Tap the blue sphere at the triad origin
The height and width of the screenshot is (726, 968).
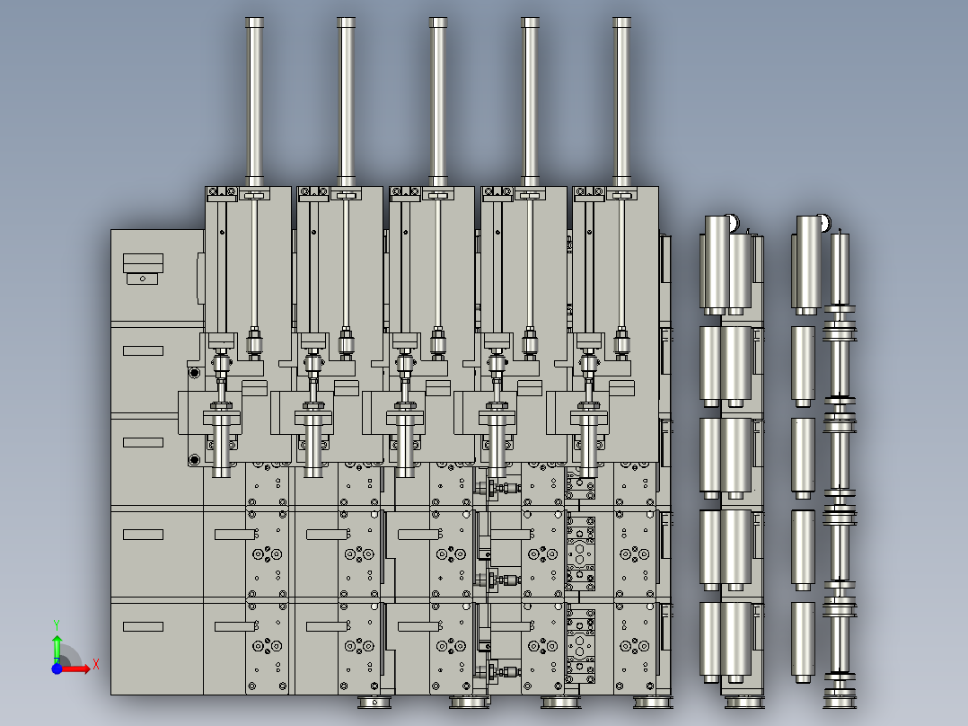pos(57,668)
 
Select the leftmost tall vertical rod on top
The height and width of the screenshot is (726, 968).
pos(255,99)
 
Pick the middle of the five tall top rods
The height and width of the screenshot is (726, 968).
pos(438,99)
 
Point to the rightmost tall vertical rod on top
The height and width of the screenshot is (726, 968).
pos(621,99)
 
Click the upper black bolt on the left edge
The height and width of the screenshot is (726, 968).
pos(194,372)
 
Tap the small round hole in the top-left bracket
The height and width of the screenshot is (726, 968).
pos(141,279)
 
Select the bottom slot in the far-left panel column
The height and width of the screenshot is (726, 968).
pos(143,626)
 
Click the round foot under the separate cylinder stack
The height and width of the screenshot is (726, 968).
pos(743,701)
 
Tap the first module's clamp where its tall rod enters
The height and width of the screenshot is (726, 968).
pos(255,195)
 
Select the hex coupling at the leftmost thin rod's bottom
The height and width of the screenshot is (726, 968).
pos(254,342)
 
